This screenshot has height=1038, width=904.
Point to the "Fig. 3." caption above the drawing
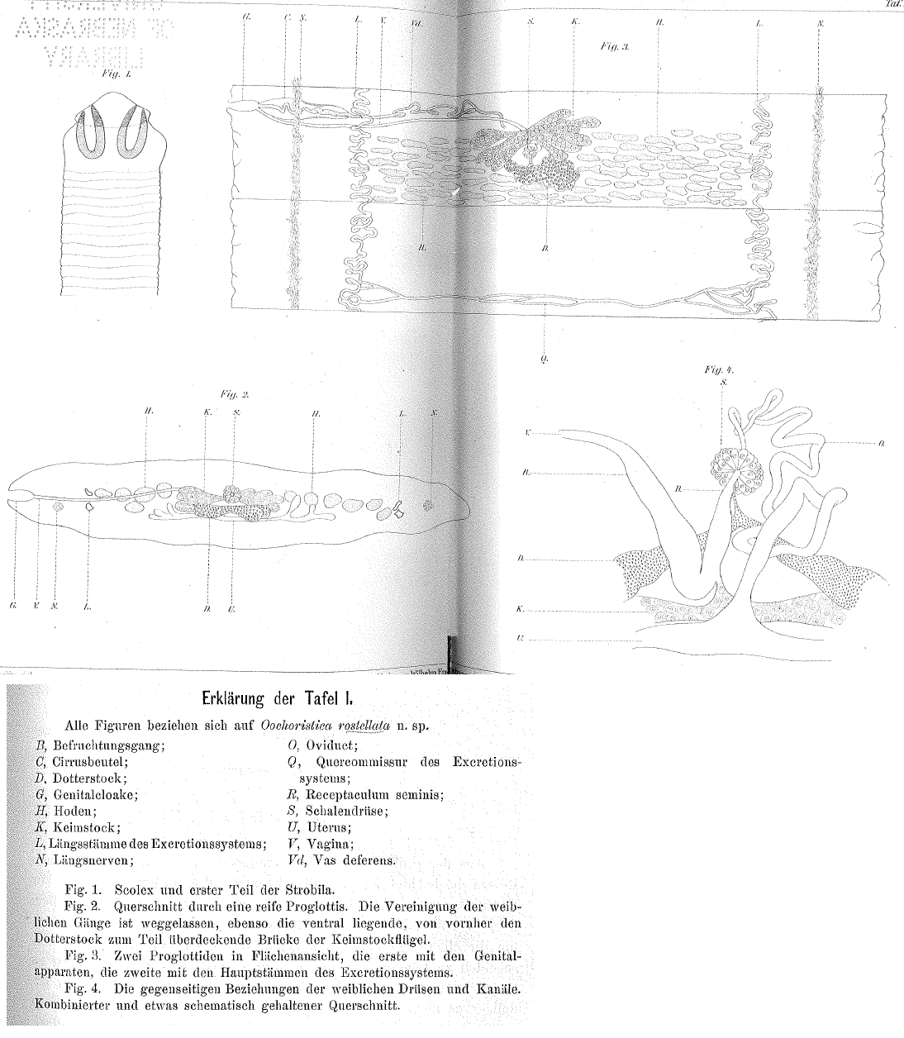click(x=616, y=48)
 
